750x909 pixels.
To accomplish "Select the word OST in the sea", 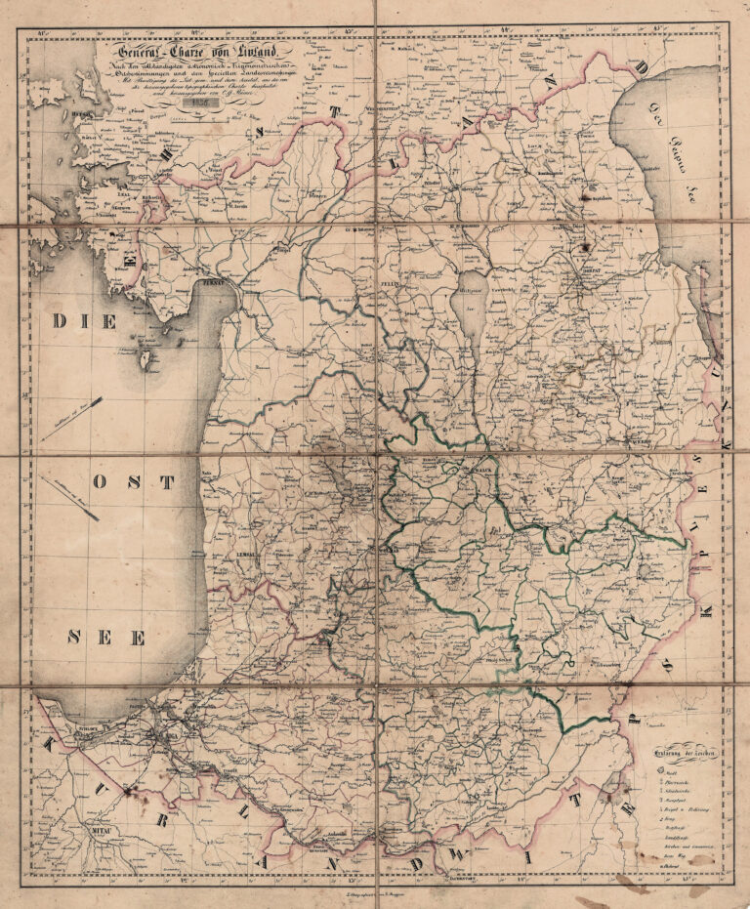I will tap(134, 481).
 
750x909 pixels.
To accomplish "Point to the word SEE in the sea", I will tap(107, 638).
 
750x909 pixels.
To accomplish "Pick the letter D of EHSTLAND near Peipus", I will tap(642, 66).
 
